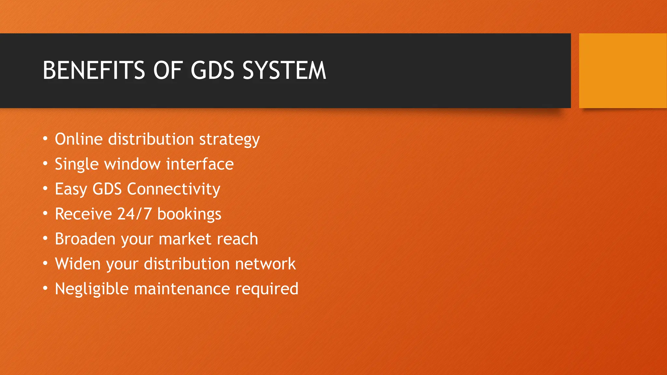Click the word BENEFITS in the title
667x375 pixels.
pyautogui.click(x=94, y=70)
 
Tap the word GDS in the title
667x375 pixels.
pyautogui.click(x=212, y=70)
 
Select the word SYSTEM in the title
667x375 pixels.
pyautogui.click(x=284, y=70)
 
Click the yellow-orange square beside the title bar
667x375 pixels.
pyautogui.click(x=622, y=71)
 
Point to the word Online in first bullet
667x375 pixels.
pyautogui.click(x=79, y=139)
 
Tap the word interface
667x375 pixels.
pyautogui.click(x=200, y=164)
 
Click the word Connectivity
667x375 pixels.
pyautogui.click(x=173, y=189)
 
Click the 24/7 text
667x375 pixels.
pyautogui.click(x=134, y=214)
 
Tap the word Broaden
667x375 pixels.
pyautogui.click(x=85, y=239)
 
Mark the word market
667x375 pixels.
pyautogui.click(x=185, y=239)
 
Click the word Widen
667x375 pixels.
pyautogui.click(x=78, y=264)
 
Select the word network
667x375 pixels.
pyautogui.click(x=265, y=264)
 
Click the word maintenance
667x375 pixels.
pyautogui.click(x=182, y=289)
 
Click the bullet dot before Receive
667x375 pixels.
pyautogui.click(x=45, y=213)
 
